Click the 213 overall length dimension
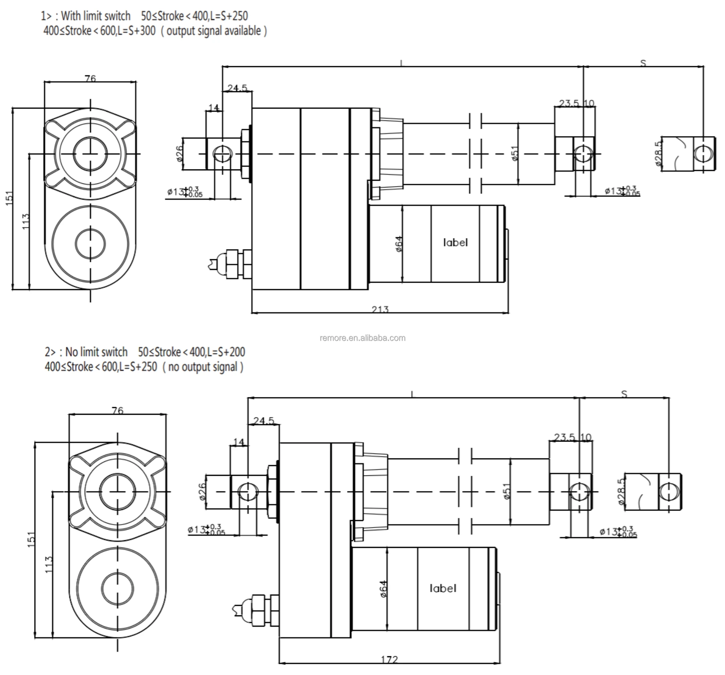click(380, 309)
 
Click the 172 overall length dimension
click(389, 659)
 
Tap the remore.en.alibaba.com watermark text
click(362, 338)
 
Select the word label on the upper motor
click(455, 243)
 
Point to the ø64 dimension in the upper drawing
click(399, 244)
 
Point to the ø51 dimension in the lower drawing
click(506, 491)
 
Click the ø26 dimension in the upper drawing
click(179, 153)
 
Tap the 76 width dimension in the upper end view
click(90, 78)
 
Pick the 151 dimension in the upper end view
click(9, 199)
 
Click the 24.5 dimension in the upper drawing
click(237, 88)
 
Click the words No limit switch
click(96, 352)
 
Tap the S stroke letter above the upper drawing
click(643, 63)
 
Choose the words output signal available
click(214, 31)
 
